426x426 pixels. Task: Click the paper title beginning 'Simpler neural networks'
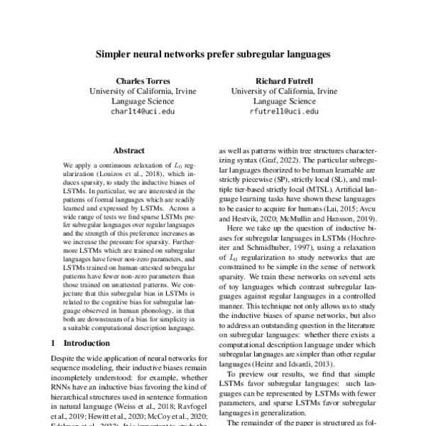click(213, 53)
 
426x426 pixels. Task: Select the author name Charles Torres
click(143, 80)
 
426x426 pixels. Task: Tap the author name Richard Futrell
click(284, 80)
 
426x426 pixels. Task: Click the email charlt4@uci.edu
click(143, 111)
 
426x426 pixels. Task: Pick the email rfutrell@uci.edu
click(284, 111)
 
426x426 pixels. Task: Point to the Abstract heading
click(129, 151)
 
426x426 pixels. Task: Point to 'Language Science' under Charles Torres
click(143, 102)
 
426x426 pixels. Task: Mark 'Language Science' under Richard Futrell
click(284, 102)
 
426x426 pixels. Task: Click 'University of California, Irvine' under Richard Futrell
click(284, 91)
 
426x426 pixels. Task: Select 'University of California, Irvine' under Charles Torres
click(143, 91)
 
